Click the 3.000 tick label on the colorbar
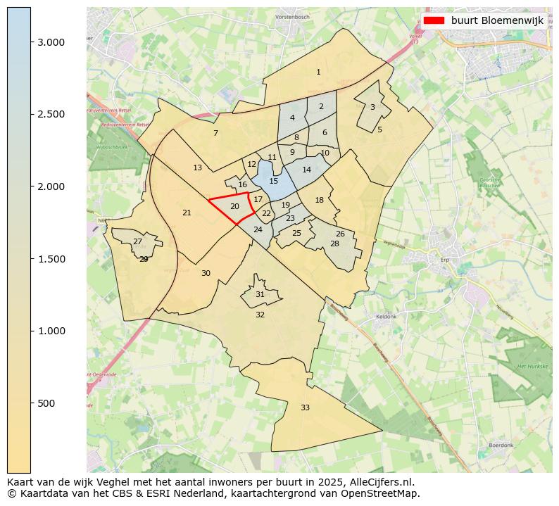[x=51, y=42]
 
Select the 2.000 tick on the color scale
[x=51, y=186]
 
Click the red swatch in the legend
[x=434, y=20]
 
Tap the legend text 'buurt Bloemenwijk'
[x=497, y=20]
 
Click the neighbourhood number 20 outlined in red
[x=234, y=206]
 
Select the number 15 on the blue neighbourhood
[x=273, y=181]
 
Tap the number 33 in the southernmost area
[x=305, y=407]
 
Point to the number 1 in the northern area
[x=318, y=72]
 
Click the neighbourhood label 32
[x=260, y=315]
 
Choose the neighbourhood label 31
[x=260, y=294]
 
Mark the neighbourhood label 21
[x=187, y=213]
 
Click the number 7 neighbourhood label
[x=215, y=133]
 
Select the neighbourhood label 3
[x=372, y=107]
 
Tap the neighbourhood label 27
[x=137, y=241]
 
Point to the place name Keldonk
[x=387, y=317]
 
